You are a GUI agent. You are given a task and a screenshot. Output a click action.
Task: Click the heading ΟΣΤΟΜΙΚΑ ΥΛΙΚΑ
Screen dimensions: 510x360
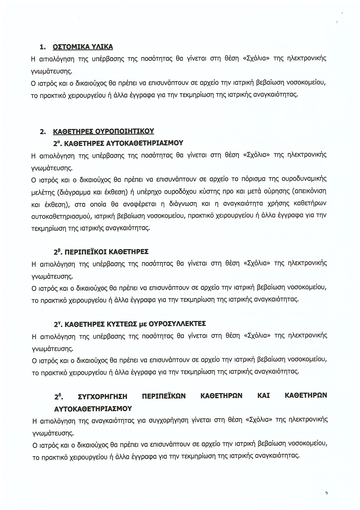pyautogui.click(x=83, y=47)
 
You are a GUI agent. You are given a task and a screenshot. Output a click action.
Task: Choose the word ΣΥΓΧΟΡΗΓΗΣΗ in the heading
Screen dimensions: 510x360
pyautogui.click(x=103, y=396)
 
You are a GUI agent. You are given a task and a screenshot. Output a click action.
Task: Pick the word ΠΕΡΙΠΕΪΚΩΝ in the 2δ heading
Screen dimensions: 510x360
pyautogui.click(x=164, y=396)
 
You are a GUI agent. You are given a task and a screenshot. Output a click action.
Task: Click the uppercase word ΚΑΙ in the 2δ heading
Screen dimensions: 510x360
pyautogui.click(x=263, y=396)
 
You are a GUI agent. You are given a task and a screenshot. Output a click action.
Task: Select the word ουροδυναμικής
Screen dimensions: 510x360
pyautogui.click(x=304, y=179)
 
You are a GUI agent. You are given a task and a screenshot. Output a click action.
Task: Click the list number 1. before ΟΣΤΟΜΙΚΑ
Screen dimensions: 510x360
pyautogui.click(x=43, y=47)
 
